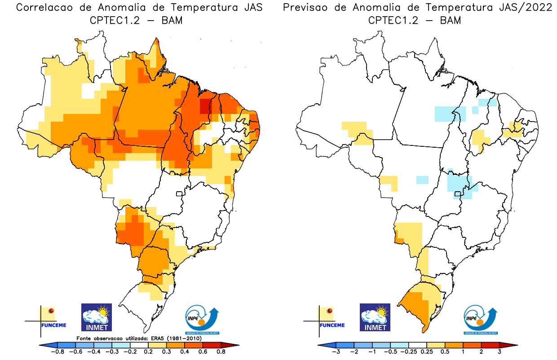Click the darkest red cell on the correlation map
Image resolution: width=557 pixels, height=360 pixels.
pyautogui.click(x=204, y=106)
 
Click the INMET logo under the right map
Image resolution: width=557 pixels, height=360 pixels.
pyautogui.click(x=375, y=317)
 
